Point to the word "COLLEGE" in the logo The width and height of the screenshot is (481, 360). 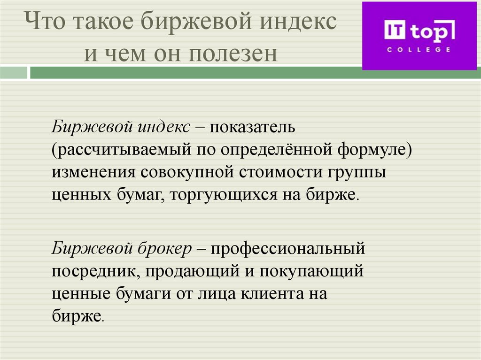coord(419,49)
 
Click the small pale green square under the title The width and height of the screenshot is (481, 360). coord(14,72)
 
